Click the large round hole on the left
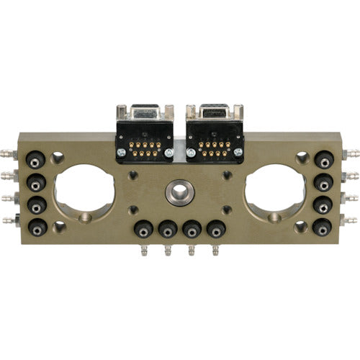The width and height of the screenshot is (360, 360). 84,192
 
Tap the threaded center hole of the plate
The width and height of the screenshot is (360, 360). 178,192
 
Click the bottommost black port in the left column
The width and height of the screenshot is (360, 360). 36,222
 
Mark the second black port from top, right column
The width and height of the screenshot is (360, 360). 324,180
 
